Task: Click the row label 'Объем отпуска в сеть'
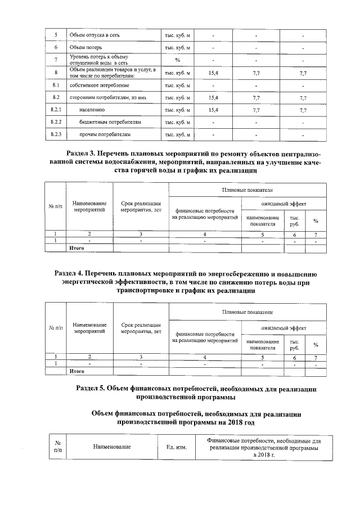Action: click(x=94, y=36)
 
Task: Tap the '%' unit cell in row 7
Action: click(x=177, y=60)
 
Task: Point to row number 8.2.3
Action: click(x=56, y=134)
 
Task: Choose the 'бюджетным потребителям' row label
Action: click(x=109, y=122)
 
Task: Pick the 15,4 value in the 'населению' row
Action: click(x=213, y=110)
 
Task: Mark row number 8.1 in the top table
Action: click(x=56, y=85)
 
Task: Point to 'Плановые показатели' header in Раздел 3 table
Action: click(x=247, y=191)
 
